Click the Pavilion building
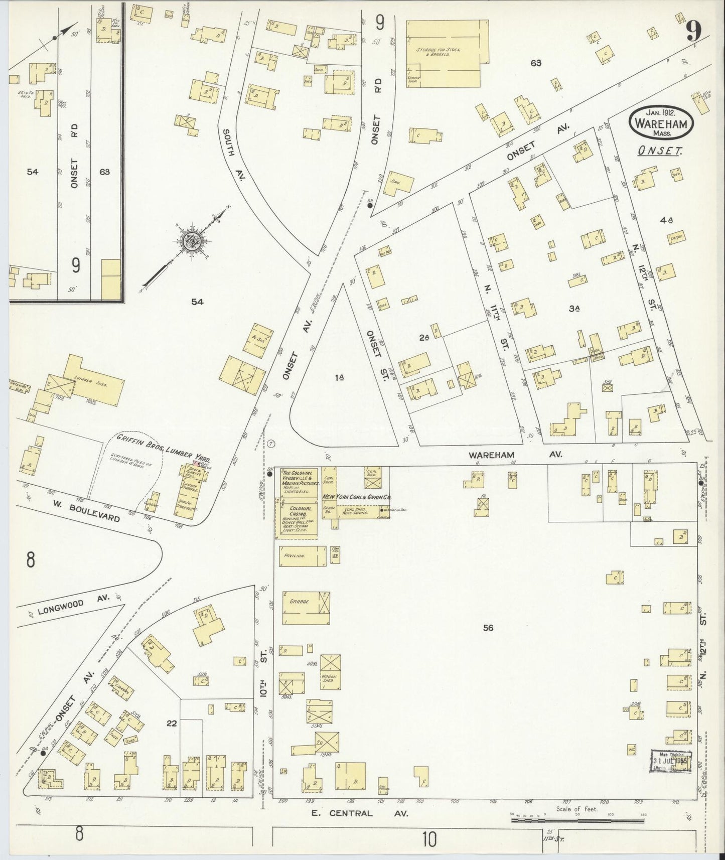(300, 556)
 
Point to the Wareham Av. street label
(515, 455)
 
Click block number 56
(488, 628)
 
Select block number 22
(172, 723)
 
